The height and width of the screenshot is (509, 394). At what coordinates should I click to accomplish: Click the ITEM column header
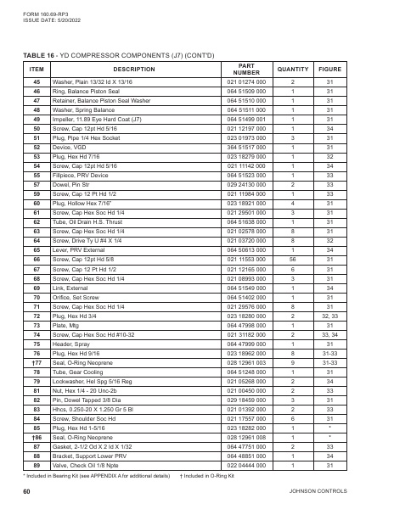(x=37, y=69)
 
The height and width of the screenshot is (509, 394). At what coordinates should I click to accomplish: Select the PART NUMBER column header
(x=246, y=69)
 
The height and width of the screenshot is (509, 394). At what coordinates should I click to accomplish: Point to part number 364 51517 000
(x=246, y=145)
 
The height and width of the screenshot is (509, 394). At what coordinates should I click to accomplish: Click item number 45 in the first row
(x=37, y=82)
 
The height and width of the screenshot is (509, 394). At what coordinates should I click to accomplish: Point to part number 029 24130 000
(x=246, y=182)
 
